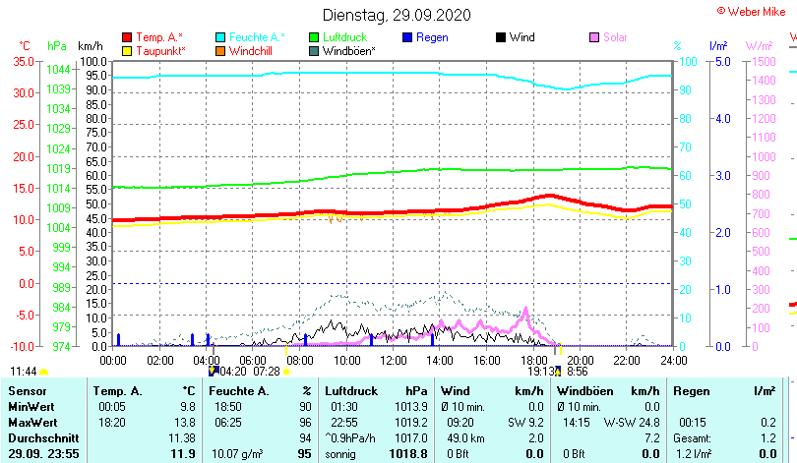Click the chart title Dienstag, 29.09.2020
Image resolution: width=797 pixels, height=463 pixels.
(398, 15)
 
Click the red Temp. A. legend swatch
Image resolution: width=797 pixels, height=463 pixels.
(127, 37)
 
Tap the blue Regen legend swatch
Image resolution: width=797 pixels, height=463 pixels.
(407, 37)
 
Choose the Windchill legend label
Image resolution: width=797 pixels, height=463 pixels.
(253, 50)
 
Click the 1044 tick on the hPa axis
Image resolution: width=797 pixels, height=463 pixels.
(58, 69)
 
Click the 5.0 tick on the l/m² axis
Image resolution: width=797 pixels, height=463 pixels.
(721, 61)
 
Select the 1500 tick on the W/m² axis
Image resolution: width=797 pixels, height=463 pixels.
(762, 61)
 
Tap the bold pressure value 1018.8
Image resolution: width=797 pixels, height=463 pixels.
(406, 453)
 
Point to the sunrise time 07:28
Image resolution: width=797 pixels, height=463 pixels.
(266, 372)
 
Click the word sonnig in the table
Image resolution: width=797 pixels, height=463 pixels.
(341, 453)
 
